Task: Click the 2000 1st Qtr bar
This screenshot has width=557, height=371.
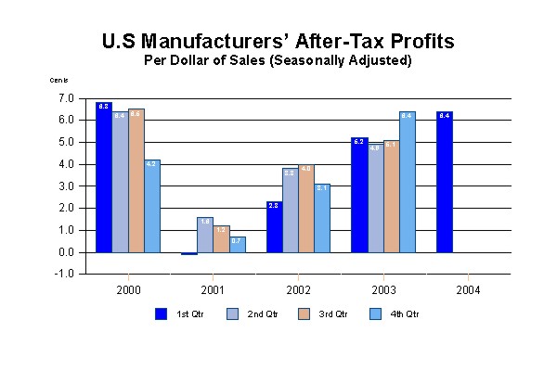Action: pyautogui.click(x=104, y=177)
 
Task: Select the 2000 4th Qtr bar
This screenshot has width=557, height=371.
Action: pyautogui.click(x=153, y=206)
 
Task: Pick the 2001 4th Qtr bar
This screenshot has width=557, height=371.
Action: pyautogui.click(x=239, y=244)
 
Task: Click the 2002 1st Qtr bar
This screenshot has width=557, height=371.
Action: pyautogui.click(x=274, y=226)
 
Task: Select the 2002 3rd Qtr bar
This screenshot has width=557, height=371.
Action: pyautogui.click(x=307, y=208)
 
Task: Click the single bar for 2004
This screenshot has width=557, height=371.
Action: pyautogui.click(x=445, y=182)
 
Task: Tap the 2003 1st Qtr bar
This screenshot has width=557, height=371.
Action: pyautogui.click(x=359, y=195)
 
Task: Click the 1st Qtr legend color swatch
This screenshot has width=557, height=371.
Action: pyautogui.click(x=161, y=313)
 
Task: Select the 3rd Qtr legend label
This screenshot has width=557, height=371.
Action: pyautogui.click(x=330, y=314)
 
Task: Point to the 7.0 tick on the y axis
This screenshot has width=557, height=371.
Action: pyautogui.click(x=66, y=98)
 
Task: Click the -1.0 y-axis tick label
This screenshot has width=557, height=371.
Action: pyautogui.click(x=65, y=275)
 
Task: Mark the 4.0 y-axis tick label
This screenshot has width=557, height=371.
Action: pyautogui.click(x=66, y=164)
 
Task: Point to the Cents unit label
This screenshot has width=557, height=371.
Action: pyautogui.click(x=58, y=81)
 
